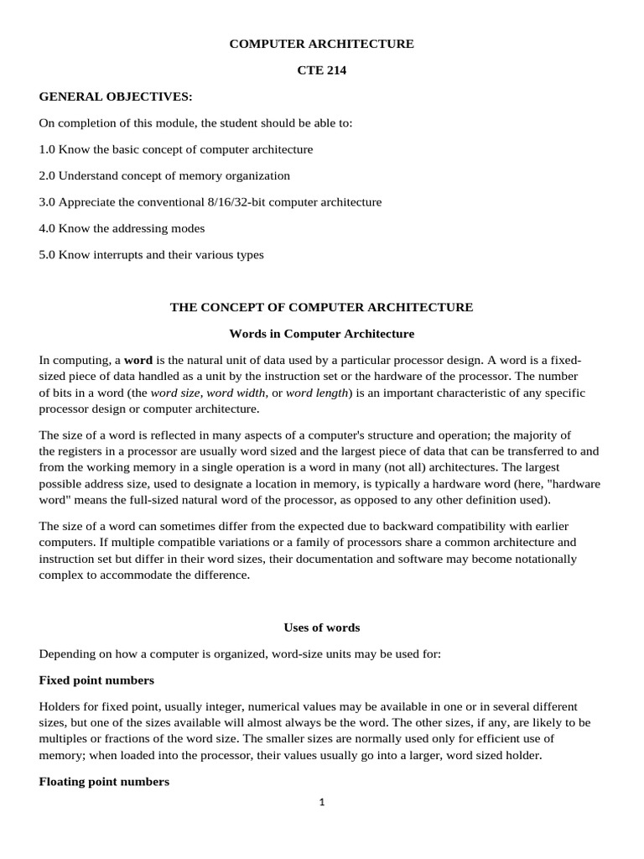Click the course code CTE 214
click(x=321, y=70)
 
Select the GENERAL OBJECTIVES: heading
click(x=116, y=97)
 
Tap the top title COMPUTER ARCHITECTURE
click(x=321, y=44)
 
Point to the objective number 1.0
click(x=47, y=149)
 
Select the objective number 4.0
click(x=47, y=228)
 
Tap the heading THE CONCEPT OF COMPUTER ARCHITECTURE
click(x=321, y=307)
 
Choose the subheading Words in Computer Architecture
click(x=321, y=334)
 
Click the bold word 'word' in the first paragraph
click(x=138, y=360)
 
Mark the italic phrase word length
click(x=316, y=393)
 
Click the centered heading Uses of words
click(x=321, y=627)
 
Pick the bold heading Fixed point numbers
click(x=96, y=680)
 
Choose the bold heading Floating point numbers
click(x=104, y=782)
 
